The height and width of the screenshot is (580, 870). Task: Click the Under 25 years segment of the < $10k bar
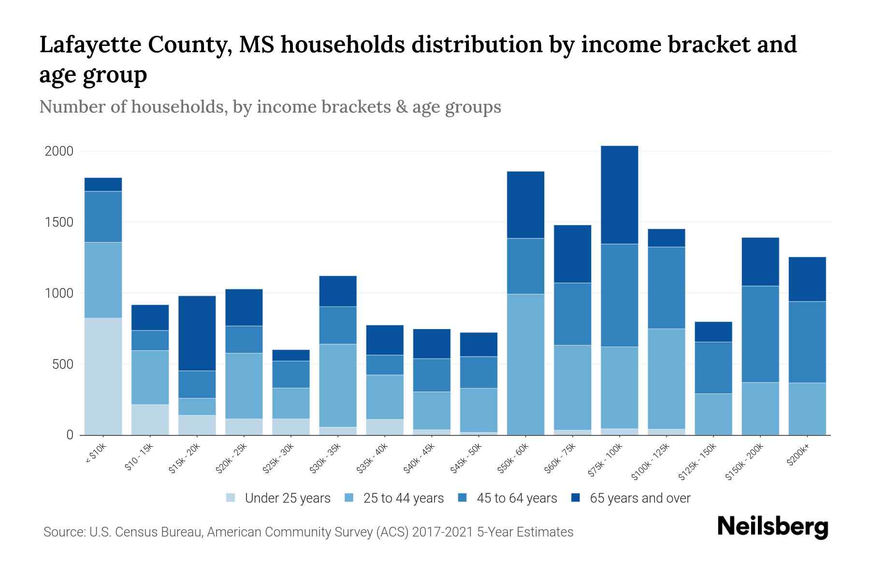click(x=103, y=376)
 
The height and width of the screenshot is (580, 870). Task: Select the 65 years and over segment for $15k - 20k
click(x=197, y=333)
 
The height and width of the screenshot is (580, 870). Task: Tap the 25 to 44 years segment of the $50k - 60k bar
click(x=525, y=364)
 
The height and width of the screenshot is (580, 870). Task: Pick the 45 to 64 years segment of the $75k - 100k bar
click(x=619, y=295)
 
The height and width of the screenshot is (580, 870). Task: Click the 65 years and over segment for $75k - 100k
click(x=619, y=195)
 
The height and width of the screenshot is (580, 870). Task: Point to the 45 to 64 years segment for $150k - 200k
click(x=760, y=334)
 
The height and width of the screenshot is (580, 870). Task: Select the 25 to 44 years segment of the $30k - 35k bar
click(x=338, y=385)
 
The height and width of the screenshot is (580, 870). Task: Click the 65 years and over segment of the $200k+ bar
click(x=807, y=279)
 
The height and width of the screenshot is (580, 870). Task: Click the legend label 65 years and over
click(x=640, y=498)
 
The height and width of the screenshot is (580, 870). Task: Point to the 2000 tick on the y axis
click(x=59, y=151)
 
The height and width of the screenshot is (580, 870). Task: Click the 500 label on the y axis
click(x=63, y=364)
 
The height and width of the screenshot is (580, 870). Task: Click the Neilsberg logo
click(x=772, y=527)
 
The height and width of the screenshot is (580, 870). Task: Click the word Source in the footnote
click(x=63, y=532)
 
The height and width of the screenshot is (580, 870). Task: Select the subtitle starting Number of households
click(x=270, y=107)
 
